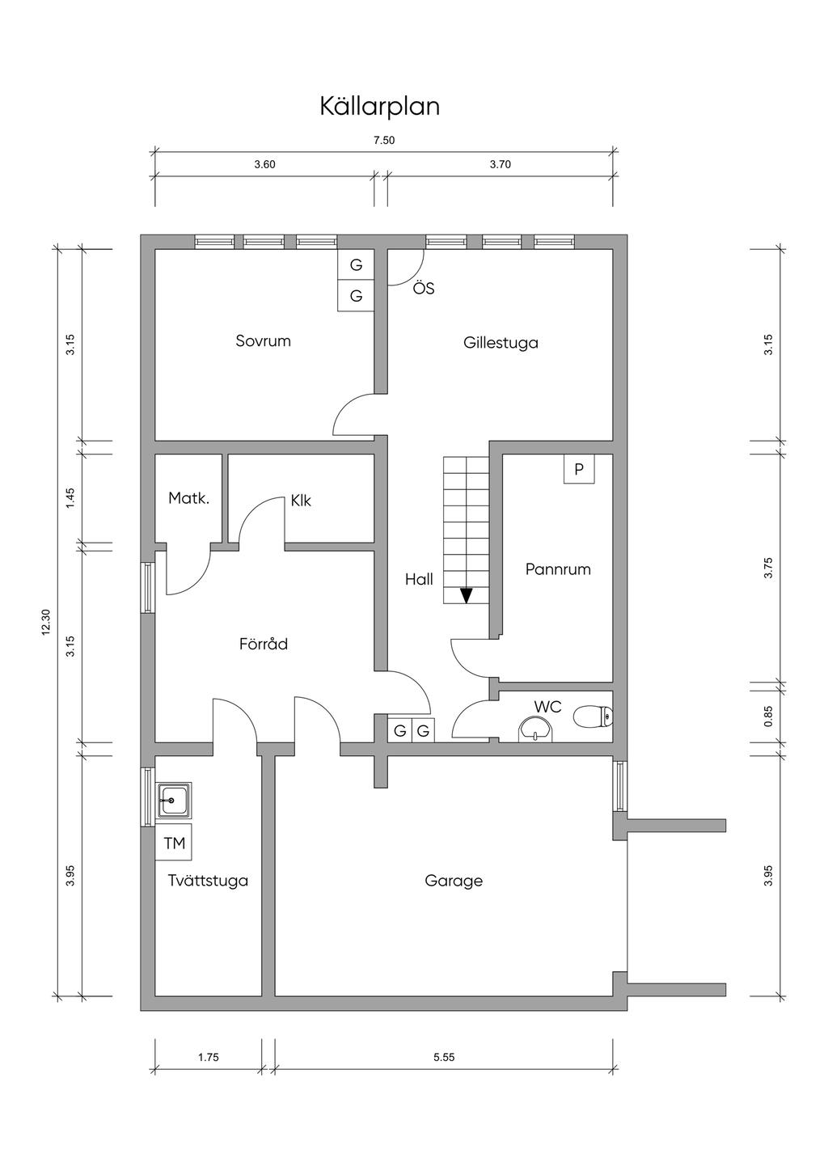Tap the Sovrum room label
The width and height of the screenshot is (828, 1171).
(263, 340)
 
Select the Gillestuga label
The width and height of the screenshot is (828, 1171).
(501, 343)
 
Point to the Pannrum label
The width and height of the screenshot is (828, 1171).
(558, 569)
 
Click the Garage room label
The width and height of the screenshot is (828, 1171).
(454, 881)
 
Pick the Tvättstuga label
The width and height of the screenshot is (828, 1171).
(208, 881)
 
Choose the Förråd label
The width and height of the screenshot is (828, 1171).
(264, 643)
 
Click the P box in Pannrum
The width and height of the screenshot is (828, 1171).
(579, 469)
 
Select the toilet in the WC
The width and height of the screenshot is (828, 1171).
(594, 717)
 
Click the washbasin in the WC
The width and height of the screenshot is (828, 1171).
(535, 729)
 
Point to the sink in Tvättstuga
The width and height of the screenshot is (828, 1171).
(174, 801)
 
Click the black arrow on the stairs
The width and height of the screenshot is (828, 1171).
(467, 596)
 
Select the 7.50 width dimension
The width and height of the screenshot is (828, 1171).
(384, 140)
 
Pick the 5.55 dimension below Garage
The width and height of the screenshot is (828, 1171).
(444, 1057)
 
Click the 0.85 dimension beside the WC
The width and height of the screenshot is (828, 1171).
(768, 717)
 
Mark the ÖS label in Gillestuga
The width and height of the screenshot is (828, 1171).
(424, 288)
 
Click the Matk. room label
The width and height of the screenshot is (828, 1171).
(188, 499)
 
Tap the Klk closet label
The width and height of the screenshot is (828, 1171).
(301, 501)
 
